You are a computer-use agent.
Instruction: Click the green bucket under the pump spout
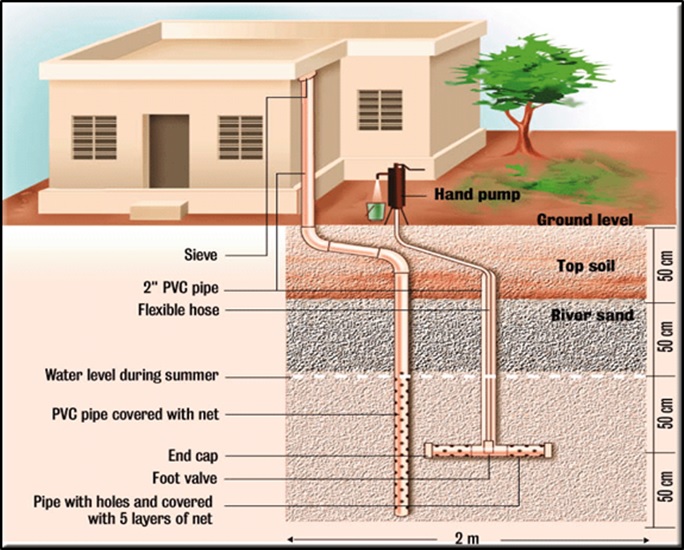point(377,211)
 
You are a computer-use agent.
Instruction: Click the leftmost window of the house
point(94,138)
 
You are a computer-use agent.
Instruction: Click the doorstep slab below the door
point(161,209)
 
